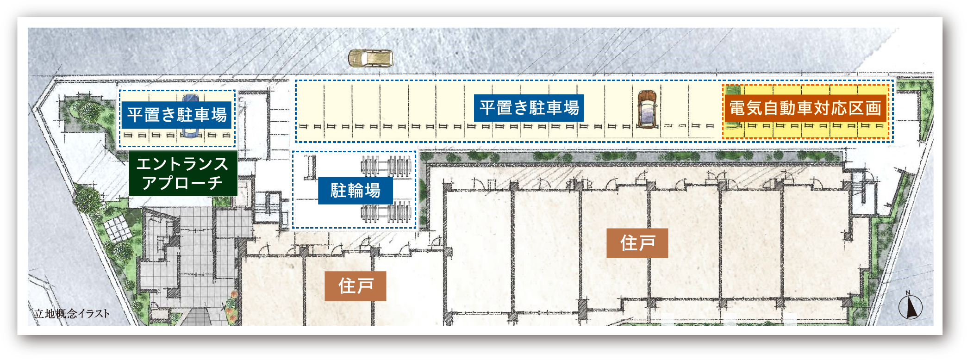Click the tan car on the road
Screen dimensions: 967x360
(371, 58)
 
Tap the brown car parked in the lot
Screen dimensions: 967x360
(647, 109)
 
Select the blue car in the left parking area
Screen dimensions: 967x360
(190, 116)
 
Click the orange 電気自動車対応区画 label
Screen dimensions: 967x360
(805, 108)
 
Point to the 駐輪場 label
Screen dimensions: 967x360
(356, 190)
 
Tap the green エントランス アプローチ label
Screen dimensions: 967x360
(183, 173)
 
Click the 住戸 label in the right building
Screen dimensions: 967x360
(637, 243)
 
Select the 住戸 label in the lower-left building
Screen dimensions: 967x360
(356, 286)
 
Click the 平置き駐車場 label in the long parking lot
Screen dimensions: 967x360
(529, 108)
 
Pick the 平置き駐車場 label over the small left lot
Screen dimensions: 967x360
(177, 115)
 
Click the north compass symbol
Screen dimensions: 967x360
(910, 307)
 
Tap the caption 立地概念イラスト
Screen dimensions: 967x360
(72, 313)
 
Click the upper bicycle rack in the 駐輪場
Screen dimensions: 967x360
(386, 166)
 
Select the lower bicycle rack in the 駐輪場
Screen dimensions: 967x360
(386, 212)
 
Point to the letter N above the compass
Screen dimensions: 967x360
(908, 292)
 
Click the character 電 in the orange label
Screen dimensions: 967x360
(737, 108)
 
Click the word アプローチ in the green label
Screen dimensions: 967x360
(182, 183)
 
